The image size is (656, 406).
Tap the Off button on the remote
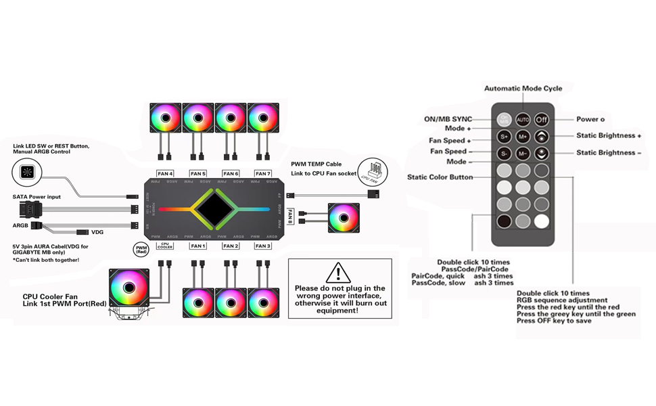tap(542, 120)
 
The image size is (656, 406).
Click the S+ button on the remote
tap(504, 137)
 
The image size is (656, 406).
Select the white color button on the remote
tap(542, 221)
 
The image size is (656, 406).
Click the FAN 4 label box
tap(165, 174)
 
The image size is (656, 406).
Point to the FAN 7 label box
tap(263, 174)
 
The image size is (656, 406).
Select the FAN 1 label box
tap(197, 246)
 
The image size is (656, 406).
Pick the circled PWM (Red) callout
tap(141, 250)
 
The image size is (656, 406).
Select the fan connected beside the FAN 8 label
tap(344, 219)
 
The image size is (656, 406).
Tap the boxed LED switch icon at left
tap(26, 173)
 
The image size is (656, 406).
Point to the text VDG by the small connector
tap(97, 232)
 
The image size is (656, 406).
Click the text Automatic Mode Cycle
tap(523, 89)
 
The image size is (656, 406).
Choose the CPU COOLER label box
tap(164, 246)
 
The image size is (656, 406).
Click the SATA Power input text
tap(37, 197)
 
